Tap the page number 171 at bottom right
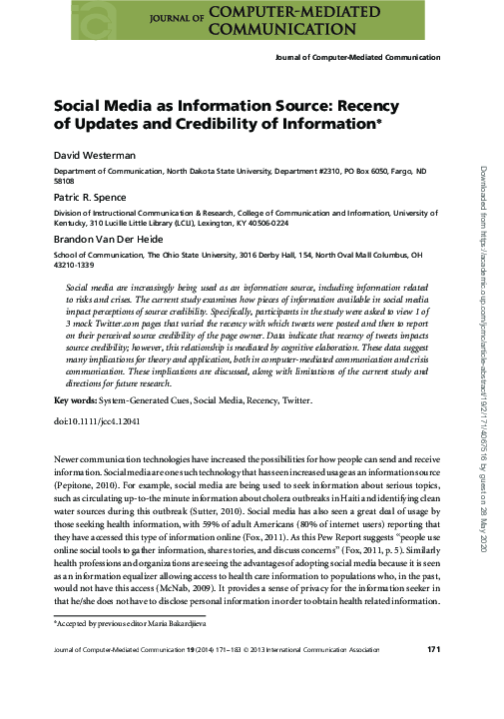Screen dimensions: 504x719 click(434, 679)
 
